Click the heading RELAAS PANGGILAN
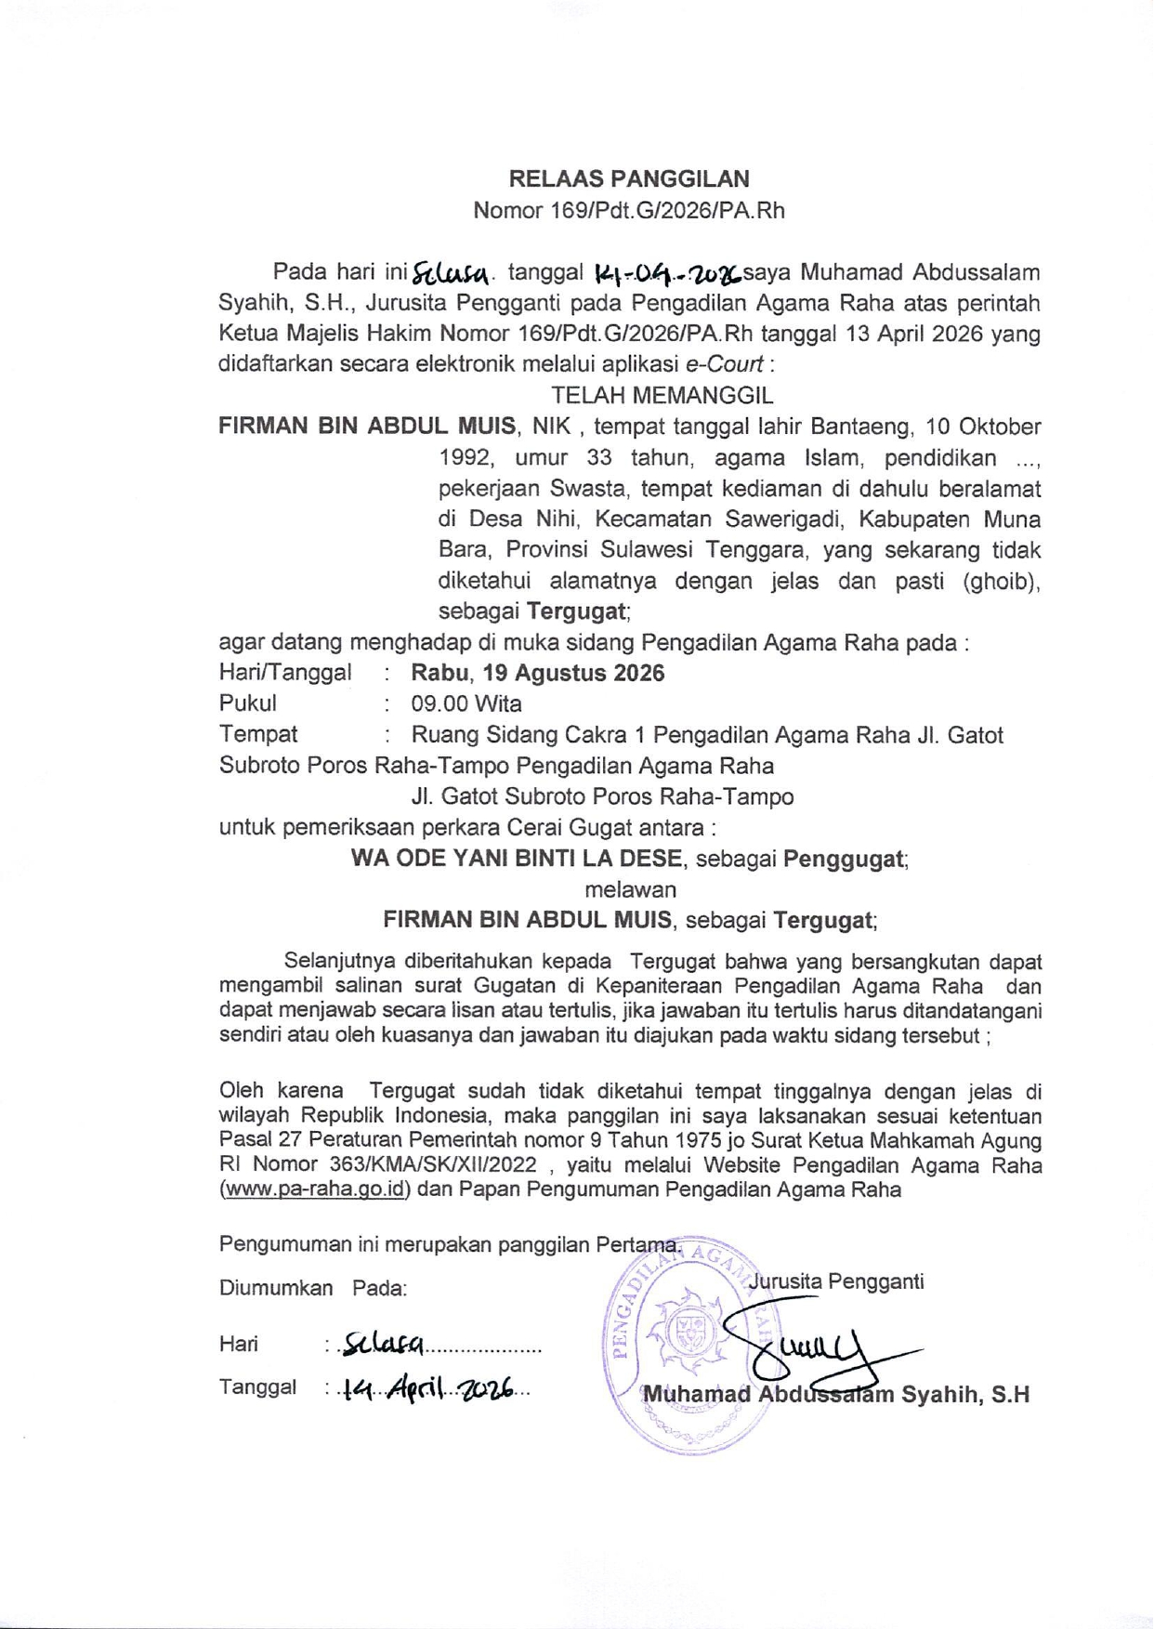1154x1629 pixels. click(x=629, y=178)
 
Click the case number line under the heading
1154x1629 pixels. click(x=629, y=210)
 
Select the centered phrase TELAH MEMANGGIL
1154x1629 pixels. click(x=662, y=395)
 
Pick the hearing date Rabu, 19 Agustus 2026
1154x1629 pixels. click(x=538, y=673)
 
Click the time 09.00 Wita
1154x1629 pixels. click(x=466, y=703)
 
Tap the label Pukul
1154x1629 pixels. click(x=247, y=703)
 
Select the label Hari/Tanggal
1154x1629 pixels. click(x=285, y=673)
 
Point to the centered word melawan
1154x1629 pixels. click(x=630, y=889)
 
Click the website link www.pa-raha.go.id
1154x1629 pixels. click(x=315, y=1189)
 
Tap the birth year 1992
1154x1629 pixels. click(x=465, y=458)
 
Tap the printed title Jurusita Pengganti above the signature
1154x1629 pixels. click(x=836, y=1281)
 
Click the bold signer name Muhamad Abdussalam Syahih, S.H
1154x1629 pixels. click(x=836, y=1395)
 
